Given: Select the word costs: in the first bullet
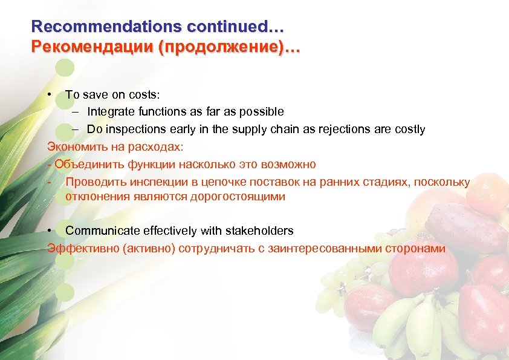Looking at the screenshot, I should (142, 95).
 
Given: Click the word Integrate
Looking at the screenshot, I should (110, 112).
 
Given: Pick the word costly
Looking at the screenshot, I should (410, 129).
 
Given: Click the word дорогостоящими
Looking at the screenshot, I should (237, 197).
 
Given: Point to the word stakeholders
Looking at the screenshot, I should (259, 231).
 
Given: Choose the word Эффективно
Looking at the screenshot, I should (78, 249).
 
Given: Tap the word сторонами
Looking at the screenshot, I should (413, 249).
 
